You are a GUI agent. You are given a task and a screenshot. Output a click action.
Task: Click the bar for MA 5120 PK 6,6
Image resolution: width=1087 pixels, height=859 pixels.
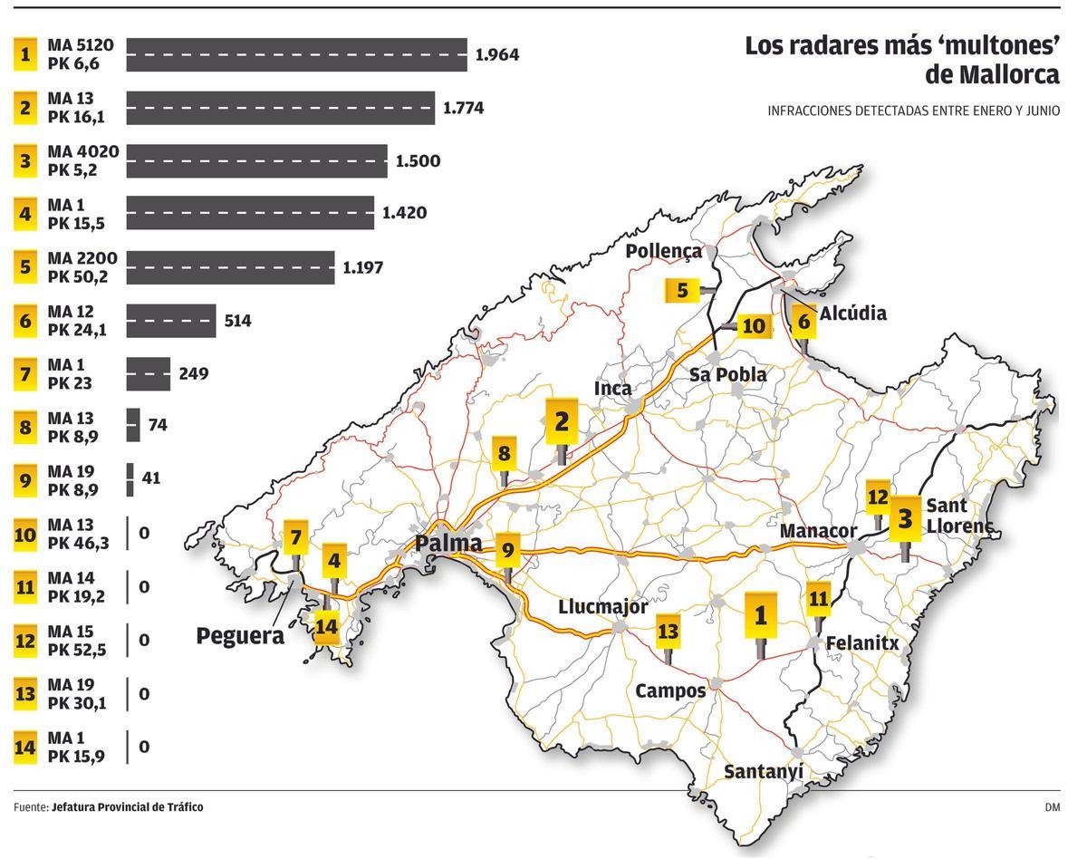pyautogui.click(x=296, y=54)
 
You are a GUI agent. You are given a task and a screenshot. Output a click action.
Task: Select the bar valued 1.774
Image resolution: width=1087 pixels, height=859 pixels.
pyautogui.click(x=280, y=108)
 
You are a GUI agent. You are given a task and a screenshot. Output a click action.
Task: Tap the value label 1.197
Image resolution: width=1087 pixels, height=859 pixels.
pyautogui.click(x=362, y=267)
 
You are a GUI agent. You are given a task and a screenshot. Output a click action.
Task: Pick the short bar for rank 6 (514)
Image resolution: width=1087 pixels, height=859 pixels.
pyautogui.click(x=170, y=321)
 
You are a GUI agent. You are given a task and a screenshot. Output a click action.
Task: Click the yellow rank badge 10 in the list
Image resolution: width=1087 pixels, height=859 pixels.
pyautogui.click(x=25, y=534)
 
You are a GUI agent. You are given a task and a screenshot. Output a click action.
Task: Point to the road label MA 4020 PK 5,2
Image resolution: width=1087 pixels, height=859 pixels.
pyautogui.click(x=83, y=160)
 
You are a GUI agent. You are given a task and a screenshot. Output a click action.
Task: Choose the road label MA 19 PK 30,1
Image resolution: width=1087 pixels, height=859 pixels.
pyautogui.click(x=78, y=694)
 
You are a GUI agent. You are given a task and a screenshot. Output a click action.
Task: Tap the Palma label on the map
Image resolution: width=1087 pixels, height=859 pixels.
pyautogui.click(x=448, y=543)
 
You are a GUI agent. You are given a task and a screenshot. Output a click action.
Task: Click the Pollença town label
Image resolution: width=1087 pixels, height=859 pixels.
pyautogui.click(x=663, y=251)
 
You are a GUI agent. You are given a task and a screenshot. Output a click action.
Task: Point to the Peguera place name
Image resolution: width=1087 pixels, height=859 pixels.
pyautogui.click(x=240, y=636)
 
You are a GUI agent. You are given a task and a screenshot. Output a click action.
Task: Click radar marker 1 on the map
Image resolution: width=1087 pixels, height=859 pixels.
pyautogui.click(x=760, y=616)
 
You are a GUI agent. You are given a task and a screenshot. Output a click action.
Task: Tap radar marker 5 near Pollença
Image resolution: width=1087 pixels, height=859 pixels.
pyautogui.click(x=683, y=291)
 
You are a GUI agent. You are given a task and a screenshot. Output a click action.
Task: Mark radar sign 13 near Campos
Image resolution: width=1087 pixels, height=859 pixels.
pyautogui.click(x=668, y=632)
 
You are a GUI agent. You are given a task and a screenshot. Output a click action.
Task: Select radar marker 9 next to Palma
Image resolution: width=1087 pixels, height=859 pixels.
pyautogui.click(x=507, y=549)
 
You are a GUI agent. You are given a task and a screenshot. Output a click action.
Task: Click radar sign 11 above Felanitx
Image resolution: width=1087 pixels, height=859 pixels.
pyautogui.click(x=818, y=599)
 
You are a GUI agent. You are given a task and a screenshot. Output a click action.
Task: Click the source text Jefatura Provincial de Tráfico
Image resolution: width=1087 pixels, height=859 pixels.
pyautogui.click(x=128, y=806)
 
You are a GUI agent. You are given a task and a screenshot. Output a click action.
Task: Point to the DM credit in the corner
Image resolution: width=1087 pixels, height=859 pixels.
pyautogui.click(x=1052, y=806)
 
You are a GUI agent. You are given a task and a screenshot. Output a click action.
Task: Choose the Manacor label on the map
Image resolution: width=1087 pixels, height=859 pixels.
pyautogui.click(x=818, y=530)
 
